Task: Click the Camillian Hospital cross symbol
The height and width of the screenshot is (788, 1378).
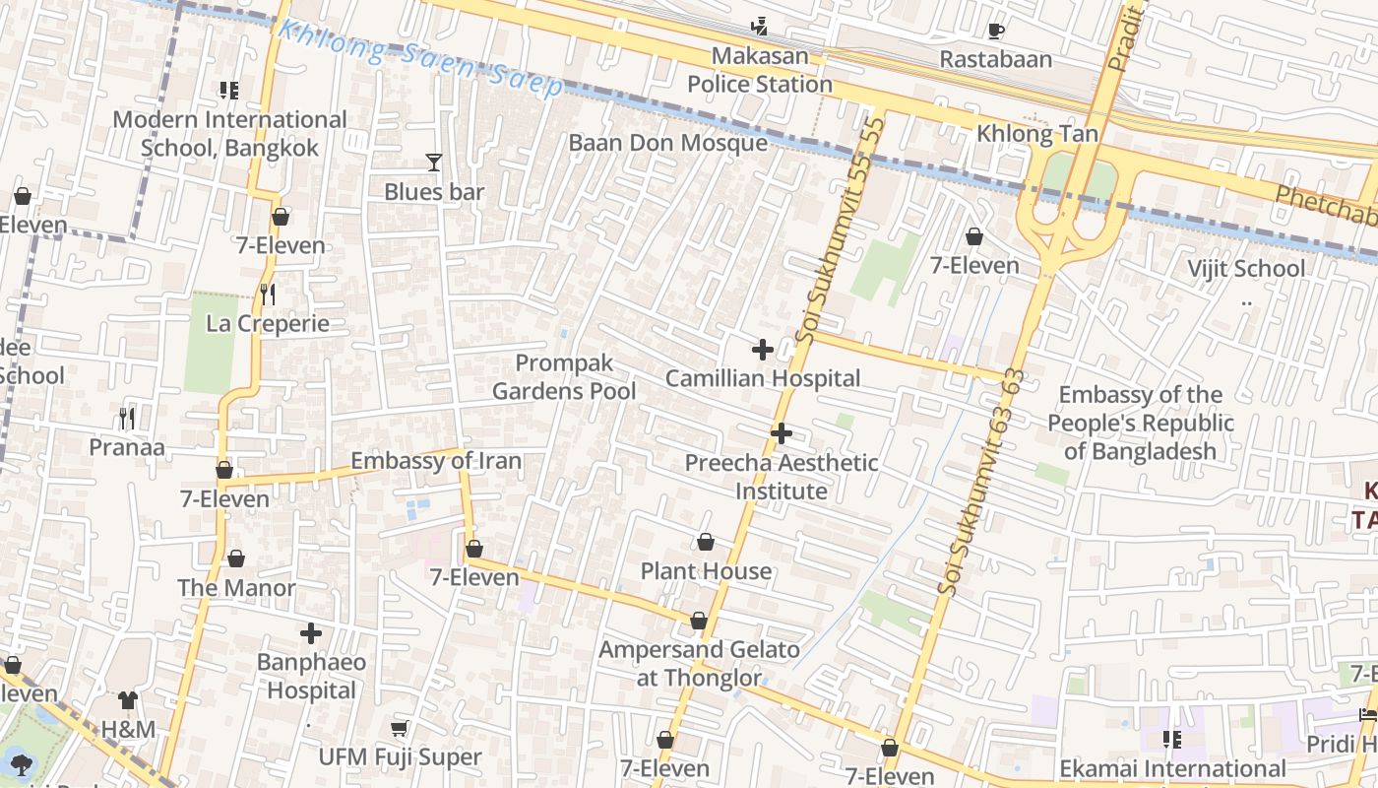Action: tap(762, 350)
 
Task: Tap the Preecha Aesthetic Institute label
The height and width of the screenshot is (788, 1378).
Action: tap(782, 477)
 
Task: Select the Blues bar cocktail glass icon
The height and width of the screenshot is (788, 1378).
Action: tap(433, 163)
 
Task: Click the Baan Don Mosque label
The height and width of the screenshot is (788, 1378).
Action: tap(667, 143)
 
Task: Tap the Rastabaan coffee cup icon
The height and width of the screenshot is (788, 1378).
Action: tap(995, 31)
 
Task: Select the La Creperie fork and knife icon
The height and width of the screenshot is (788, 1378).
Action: tap(267, 294)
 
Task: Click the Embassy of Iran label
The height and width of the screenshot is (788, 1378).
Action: tap(436, 461)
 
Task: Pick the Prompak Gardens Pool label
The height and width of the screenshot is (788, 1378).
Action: tap(564, 377)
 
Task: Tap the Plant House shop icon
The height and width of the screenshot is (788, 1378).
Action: tap(706, 542)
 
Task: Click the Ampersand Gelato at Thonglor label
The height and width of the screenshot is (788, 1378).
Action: tap(699, 663)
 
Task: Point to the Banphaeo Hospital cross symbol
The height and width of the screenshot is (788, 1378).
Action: tap(311, 633)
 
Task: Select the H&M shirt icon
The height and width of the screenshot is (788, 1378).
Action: tap(128, 700)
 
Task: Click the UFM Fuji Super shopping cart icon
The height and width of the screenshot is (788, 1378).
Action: tap(399, 728)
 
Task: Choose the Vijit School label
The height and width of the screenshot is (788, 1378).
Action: tap(1245, 269)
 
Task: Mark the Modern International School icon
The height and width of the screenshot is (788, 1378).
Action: tap(229, 91)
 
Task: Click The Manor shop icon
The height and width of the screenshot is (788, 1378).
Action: tap(236, 559)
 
